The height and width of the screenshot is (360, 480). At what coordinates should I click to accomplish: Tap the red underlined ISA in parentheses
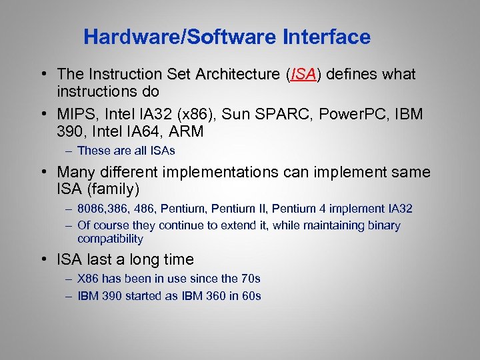[x=303, y=74]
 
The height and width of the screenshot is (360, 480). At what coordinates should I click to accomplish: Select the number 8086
[x=91, y=209]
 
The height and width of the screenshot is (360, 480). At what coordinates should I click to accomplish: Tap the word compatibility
[x=110, y=239]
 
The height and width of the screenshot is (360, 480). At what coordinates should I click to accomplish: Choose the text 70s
[x=250, y=279]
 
